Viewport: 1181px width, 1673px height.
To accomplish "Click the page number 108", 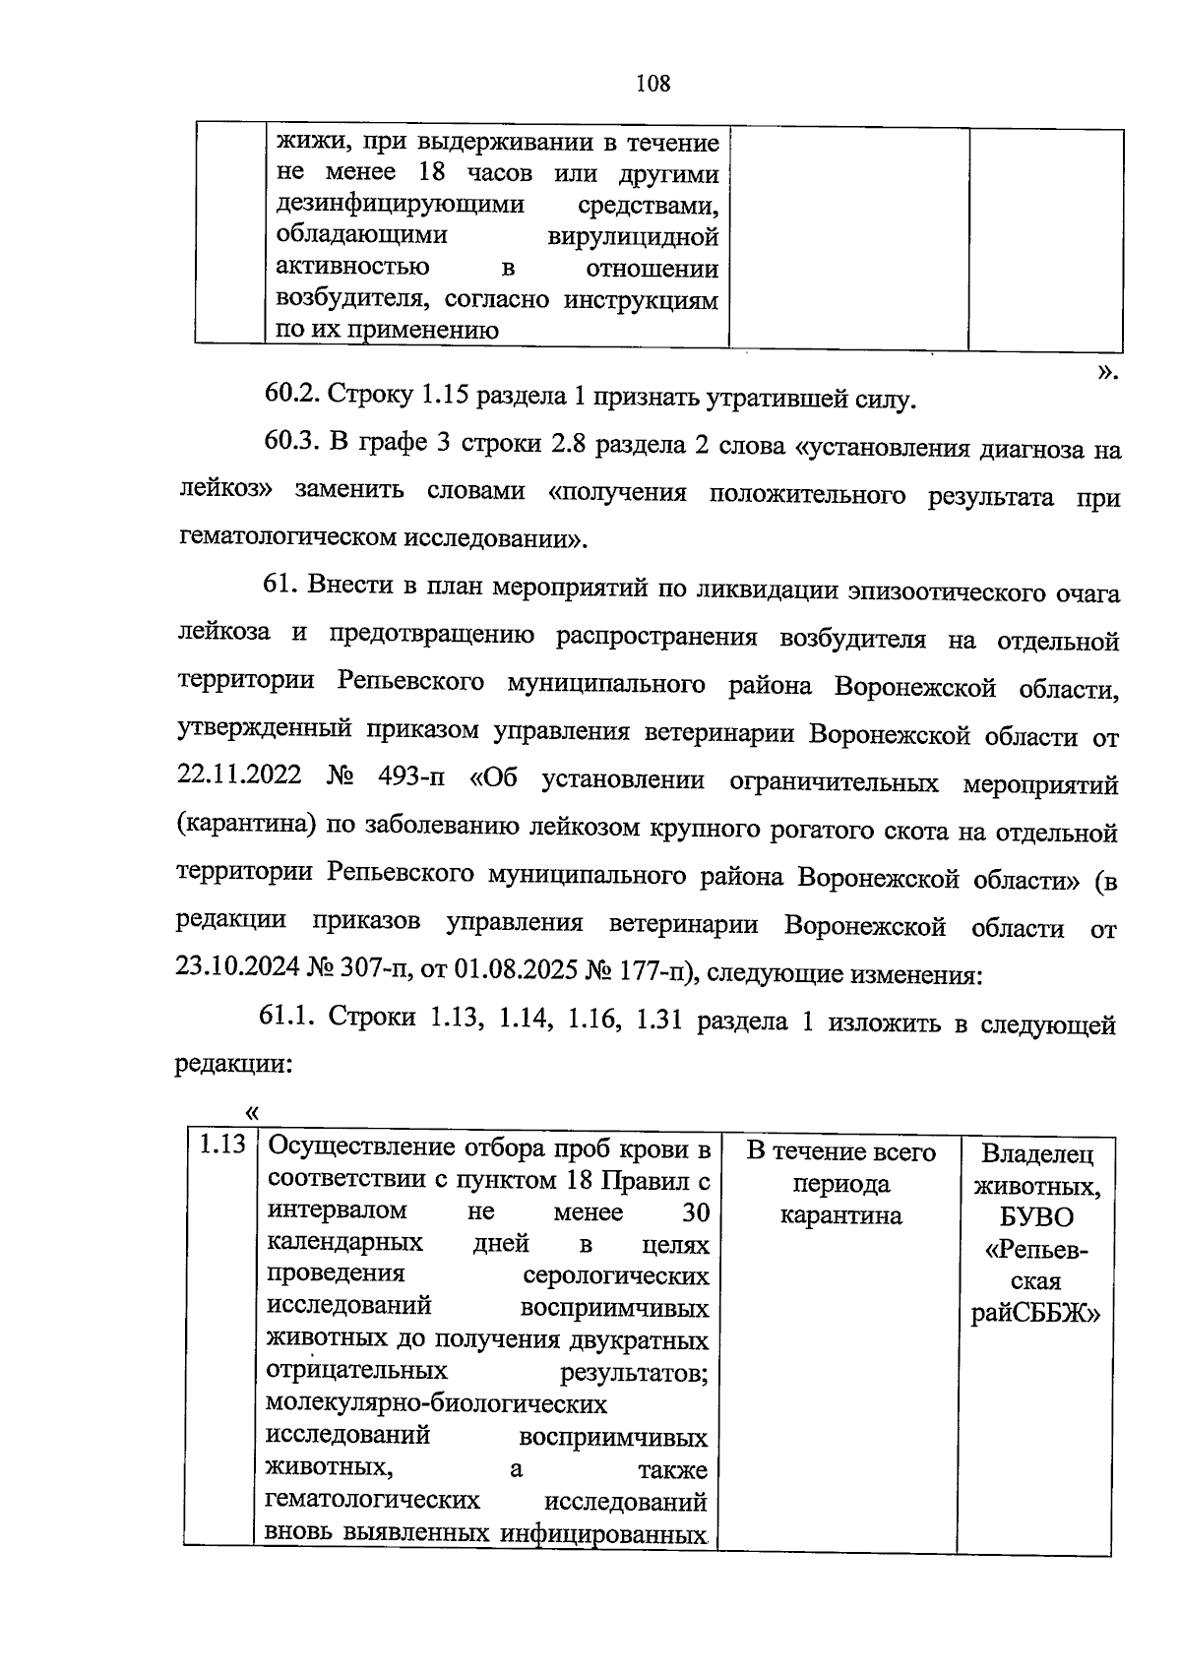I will click(x=653, y=84).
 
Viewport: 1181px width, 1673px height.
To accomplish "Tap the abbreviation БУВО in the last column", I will click(x=1040, y=1217).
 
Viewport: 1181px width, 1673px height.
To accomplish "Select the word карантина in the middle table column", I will click(x=840, y=1215).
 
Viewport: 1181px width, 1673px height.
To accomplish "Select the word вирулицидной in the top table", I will click(x=632, y=237).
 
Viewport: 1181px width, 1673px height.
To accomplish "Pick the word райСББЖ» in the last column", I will click(x=1035, y=1315).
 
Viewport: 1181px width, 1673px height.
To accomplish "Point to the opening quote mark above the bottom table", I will click(x=251, y=1112).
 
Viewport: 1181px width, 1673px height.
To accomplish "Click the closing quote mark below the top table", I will click(x=1107, y=371).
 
